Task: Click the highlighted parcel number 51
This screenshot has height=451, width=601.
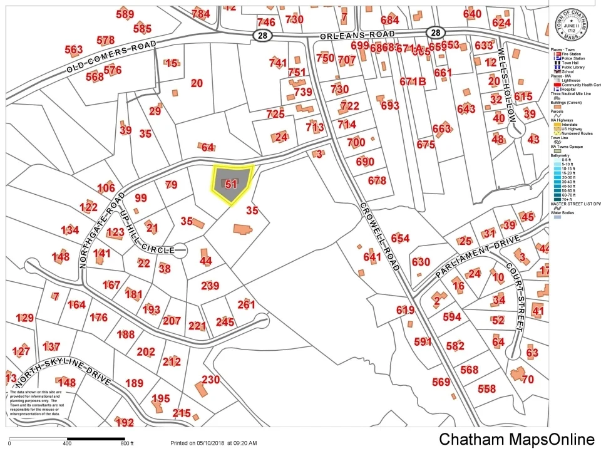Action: click(232, 184)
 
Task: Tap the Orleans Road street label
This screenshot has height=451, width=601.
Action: click(357, 34)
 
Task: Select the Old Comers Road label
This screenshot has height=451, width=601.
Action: click(111, 60)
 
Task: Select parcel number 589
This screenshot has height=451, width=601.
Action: click(125, 14)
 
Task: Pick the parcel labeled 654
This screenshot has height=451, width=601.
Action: click(400, 239)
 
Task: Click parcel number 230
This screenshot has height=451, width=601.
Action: click(210, 380)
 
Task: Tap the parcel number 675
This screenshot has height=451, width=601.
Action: click(426, 145)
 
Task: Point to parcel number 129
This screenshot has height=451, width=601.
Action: click(24, 318)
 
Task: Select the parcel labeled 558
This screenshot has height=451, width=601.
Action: click(486, 389)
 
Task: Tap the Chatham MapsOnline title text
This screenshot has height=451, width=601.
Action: click(516, 438)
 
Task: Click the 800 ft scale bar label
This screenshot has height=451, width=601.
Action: click(126, 443)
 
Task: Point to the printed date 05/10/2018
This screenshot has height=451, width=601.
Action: click(208, 443)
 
